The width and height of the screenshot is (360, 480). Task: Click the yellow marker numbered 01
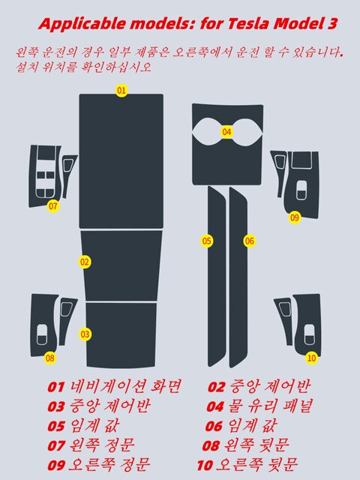click(121, 90)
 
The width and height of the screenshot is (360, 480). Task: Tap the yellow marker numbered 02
click(85, 262)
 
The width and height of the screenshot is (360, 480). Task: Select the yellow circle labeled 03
click(85, 334)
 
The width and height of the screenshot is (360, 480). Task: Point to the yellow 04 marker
click(226, 132)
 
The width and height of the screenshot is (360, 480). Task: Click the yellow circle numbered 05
click(207, 241)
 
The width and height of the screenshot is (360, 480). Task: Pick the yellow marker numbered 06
click(250, 241)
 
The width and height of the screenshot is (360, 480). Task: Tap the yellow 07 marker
click(53, 206)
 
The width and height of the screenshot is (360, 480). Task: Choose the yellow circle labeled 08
click(50, 358)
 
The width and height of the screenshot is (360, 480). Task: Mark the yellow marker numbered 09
click(295, 217)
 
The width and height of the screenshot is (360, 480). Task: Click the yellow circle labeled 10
click(311, 358)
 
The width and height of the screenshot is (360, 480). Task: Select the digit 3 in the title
click(332, 23)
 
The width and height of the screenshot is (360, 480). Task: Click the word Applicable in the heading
click(82, 25)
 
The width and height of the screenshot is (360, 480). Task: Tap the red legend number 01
click(56, 387)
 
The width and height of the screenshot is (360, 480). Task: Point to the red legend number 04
click(215, 406)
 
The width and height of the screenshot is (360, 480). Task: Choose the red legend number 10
click(205, 466)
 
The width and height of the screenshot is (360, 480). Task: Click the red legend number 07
click(56, 446)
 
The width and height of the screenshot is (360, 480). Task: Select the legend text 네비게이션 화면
click(125, 387)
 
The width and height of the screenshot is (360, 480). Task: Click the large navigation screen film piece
click(121, 161)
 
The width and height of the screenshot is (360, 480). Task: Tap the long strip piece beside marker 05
click(217, 276)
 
